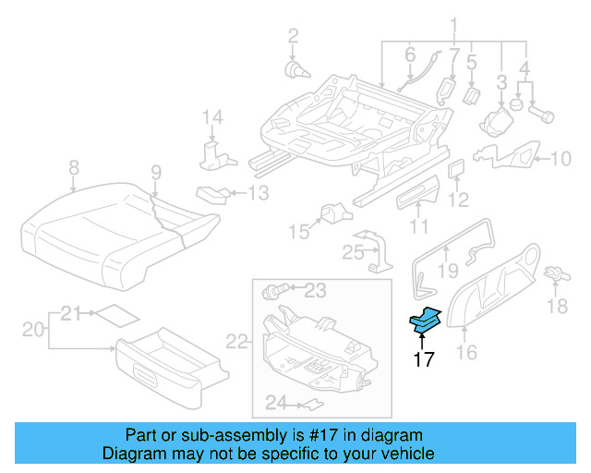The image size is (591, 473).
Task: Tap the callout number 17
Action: [x=423, y=360]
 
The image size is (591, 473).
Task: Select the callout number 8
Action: [x=73, y=168]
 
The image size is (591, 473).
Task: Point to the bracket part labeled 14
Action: [x=213, y=152]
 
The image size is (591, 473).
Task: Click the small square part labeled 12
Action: [x=455, y=169]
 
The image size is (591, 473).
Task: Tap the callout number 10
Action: [x=561, y=159]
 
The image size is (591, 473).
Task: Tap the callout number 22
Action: [x=237, y=342]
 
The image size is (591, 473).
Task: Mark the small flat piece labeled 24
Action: [x=315, y=403]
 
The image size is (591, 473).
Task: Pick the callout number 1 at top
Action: [x=453, y=24]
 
